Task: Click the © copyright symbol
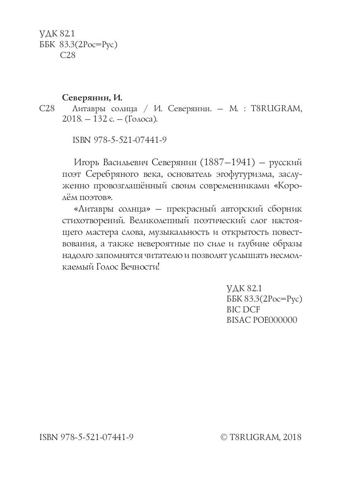pos(224,437)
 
